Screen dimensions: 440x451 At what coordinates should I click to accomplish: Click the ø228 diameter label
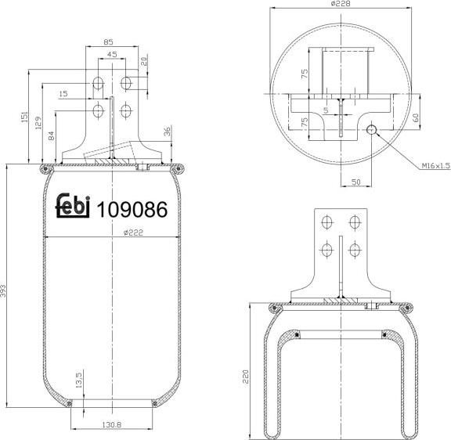339,5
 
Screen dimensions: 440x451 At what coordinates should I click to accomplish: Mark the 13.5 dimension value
78,381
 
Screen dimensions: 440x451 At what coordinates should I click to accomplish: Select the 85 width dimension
109,42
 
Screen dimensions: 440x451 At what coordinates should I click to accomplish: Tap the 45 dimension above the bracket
112,55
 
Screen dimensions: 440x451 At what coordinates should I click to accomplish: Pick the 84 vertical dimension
52,136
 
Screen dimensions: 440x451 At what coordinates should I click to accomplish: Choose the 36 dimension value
167,131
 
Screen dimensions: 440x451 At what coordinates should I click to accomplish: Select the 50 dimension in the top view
355,182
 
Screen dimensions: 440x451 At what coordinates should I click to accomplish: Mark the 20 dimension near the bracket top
144,60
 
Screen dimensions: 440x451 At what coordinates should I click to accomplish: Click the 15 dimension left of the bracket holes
63,94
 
